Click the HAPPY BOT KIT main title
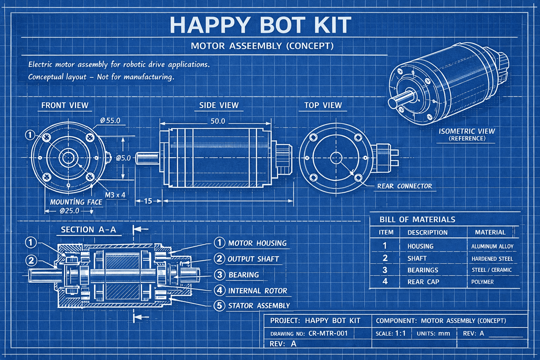260,25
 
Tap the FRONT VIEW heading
65,105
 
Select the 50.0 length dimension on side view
218,121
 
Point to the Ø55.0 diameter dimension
110,121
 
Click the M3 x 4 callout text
115,195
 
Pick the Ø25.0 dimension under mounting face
70,211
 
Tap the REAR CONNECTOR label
404,186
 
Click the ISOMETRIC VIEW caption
467,131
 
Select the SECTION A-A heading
88,230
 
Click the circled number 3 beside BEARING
219,275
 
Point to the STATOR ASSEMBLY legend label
259,306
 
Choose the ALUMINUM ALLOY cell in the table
492,246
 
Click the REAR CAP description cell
423,282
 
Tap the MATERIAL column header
490,232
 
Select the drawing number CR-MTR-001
328,333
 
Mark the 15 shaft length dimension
148,201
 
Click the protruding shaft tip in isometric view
393,103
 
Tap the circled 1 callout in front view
30,135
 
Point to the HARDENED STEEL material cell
492,259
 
